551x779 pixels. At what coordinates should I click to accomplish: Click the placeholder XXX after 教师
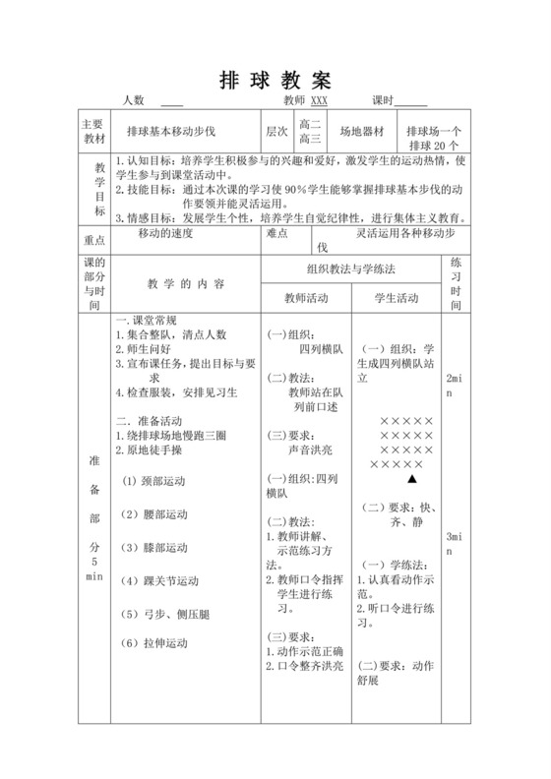click(319, 100)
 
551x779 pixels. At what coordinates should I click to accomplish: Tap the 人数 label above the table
click(134, 100)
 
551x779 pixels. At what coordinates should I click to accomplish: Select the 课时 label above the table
click(383, 100)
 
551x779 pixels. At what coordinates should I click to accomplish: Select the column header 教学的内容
click(186, 283)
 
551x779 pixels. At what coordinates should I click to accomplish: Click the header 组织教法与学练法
click(352, 268)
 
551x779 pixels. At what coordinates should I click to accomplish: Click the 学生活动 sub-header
click(398, 298)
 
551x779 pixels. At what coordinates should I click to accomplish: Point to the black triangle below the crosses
click(412, 478)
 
